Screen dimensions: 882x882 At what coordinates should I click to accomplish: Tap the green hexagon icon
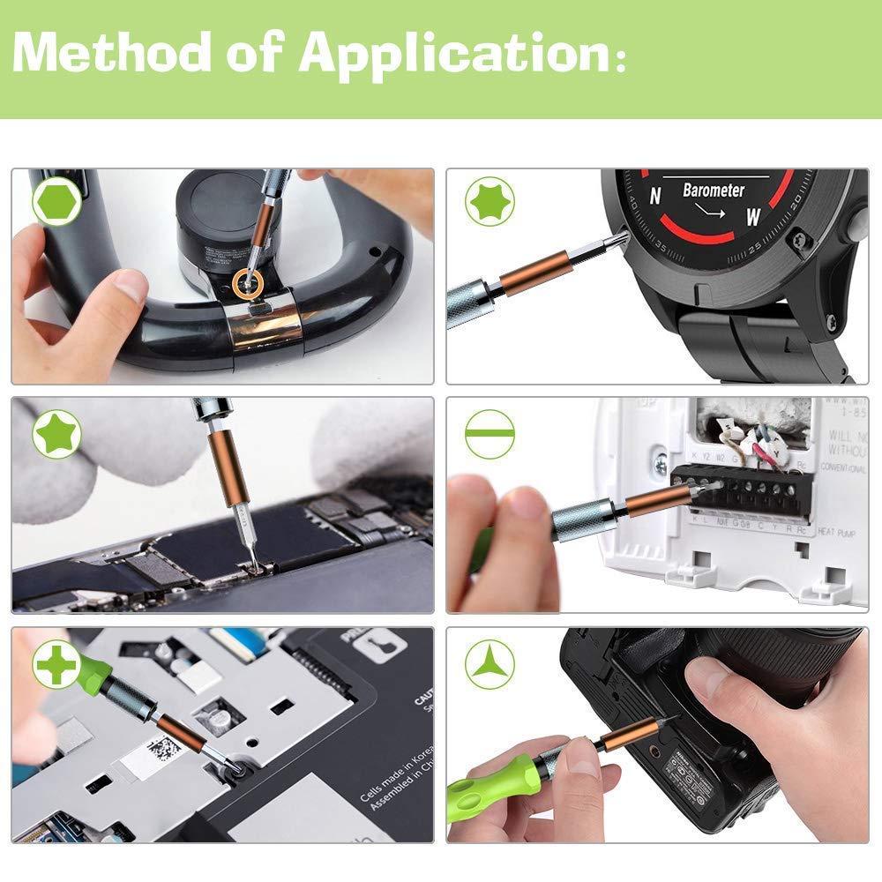pyautogui.click(x=57, y=203)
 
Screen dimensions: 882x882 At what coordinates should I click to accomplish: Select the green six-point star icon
pyautogui.click(x=490, y=203)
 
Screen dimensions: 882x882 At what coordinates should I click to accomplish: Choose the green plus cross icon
pyautogui.click(x=57, y=663)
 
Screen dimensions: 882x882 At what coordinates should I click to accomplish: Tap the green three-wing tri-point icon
pyautogui.click(x=490, y=663)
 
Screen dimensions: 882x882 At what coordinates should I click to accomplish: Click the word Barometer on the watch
pyautogui.click(x=713, y=190)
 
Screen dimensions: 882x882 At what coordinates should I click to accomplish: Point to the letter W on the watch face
pyautogui.click(x=752, y=216)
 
